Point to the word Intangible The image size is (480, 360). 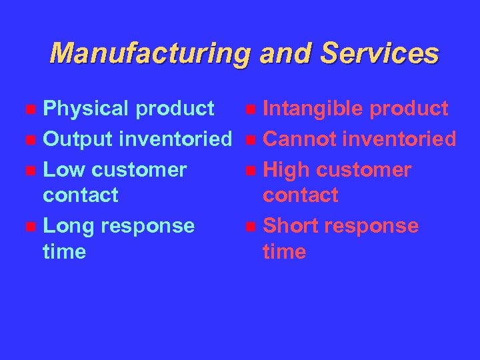click(313, 109)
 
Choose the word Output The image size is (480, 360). click(78, 139)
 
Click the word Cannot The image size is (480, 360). click(299, 139)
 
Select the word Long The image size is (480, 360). click(69, 226)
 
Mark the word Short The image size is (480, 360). click(292, 226)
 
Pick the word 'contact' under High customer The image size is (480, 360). click(301, 196)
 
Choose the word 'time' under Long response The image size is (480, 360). click(64, 252)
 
